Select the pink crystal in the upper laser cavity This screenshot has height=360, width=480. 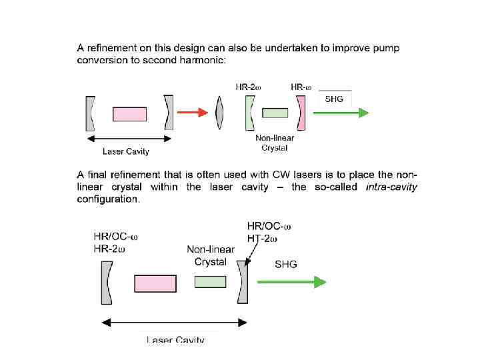coord(129,114)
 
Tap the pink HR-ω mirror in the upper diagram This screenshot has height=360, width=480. coord(301,113)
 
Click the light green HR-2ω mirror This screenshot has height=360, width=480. coord(249,113)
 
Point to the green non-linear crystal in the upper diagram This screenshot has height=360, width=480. coord(275,113)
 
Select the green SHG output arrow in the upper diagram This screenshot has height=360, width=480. coord(341,113)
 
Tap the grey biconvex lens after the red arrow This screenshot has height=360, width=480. coord(220,113)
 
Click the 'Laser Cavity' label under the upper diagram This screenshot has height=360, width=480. coord(125,151)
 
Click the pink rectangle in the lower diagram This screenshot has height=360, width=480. coord(155,283)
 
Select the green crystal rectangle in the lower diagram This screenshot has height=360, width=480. coord(210,282)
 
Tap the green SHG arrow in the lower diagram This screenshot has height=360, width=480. coord(300,282)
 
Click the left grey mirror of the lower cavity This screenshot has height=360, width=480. coord(107,282)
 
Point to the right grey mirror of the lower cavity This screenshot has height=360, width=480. coord(243,282)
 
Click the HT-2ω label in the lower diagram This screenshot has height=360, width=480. coord(262,239)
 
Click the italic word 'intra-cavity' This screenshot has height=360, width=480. coord(392,187)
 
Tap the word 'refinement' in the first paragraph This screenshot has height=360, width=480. coord(115,48)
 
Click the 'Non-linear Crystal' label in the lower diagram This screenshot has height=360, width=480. coord(211,255)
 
